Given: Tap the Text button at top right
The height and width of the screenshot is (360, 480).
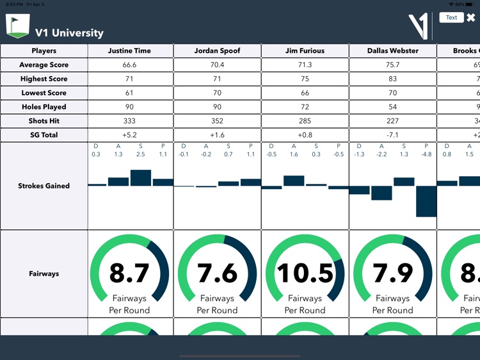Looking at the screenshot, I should click(451, 17).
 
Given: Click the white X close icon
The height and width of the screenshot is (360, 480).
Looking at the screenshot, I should click(471, 18).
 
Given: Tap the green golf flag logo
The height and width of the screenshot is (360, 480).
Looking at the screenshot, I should click(17, 26).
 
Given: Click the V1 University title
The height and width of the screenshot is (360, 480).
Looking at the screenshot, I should click(69, 33).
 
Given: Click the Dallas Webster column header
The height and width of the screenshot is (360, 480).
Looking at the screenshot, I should click(392, 51).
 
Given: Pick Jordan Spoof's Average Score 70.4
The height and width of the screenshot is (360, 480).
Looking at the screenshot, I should click(218, 65).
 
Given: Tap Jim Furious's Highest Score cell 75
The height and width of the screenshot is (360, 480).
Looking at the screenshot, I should click(305, 79).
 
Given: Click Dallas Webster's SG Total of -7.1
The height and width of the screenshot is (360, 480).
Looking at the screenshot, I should click(392, 135).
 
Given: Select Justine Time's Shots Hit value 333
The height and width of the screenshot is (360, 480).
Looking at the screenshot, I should click(130, 121).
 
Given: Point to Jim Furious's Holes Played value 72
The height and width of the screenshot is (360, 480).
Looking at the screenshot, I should click(305, 107).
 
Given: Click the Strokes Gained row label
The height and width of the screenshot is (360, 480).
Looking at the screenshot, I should click(44, 186).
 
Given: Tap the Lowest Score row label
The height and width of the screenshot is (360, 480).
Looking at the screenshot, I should click(44, 93).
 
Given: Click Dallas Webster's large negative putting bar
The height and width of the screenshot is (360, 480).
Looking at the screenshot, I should click(426, 201).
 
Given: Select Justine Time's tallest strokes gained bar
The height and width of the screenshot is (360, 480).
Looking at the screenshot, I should click(140, 177).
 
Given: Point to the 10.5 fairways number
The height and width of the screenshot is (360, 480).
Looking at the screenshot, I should click(305, 274).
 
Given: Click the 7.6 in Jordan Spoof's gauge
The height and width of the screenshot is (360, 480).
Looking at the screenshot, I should click(218, 274).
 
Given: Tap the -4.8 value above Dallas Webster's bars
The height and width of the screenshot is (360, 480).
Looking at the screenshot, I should click(426, 154).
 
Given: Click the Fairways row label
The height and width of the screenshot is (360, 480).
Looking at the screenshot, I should click(44, 274).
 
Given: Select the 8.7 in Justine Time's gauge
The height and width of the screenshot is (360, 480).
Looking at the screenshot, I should click(130, 274).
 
